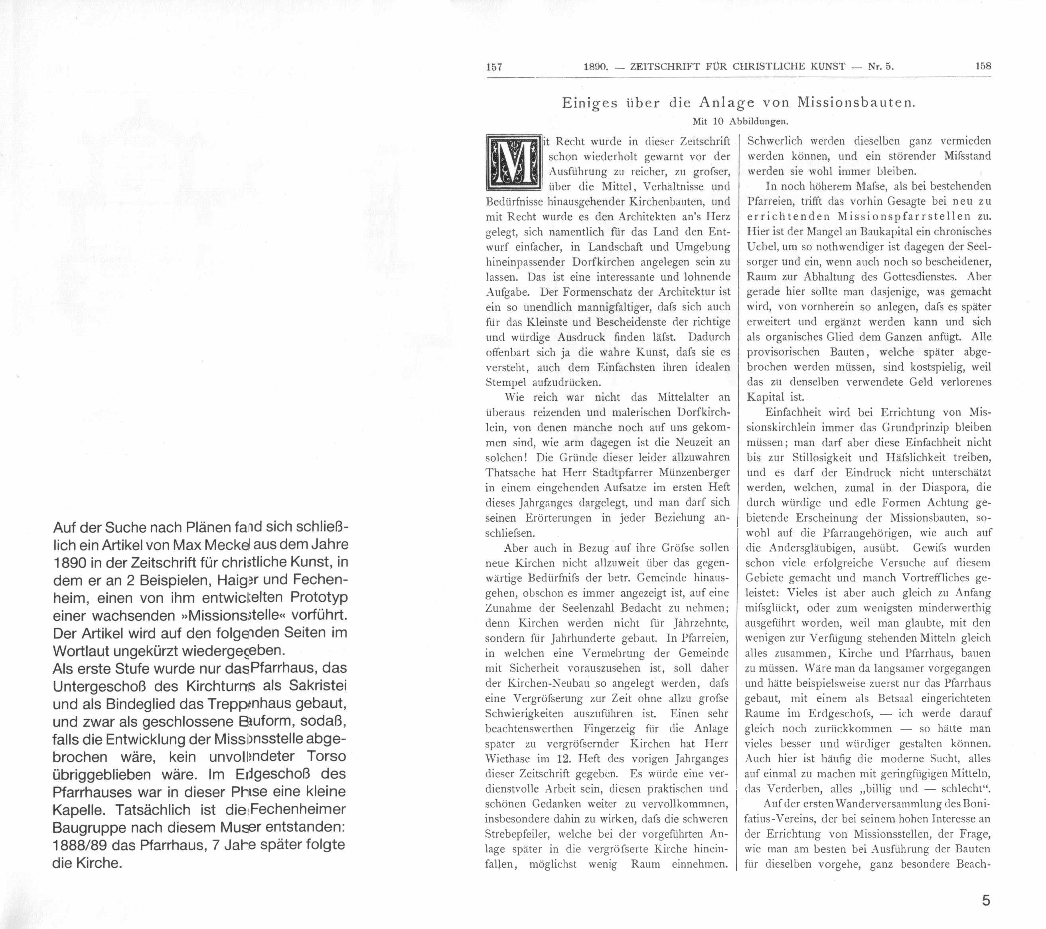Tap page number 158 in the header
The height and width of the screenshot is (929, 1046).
(983, 66)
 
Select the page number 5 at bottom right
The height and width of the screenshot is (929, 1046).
(986, 900)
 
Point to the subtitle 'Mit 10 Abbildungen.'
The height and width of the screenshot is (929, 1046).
(740, 122)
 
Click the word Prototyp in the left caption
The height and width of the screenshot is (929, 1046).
(319, 597)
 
